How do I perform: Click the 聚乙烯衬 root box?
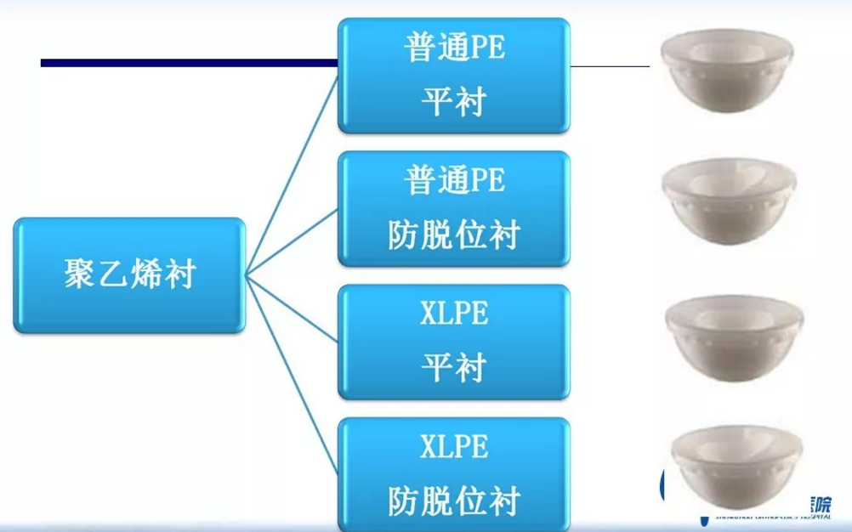[129, 274]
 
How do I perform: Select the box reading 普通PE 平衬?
[454, 76]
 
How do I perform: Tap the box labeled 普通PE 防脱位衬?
[454, 208]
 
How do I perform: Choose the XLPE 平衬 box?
[454, 342]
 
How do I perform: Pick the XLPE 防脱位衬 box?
[454, 473]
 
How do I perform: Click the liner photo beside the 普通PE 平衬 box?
[729, 75]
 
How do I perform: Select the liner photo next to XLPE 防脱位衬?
[729, 466]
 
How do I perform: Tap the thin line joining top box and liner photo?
[610, 65]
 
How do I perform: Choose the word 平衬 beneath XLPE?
[454, 367]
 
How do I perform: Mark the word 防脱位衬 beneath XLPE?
[454, 500]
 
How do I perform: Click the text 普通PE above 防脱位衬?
[454, 180]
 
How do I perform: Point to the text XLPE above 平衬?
[454, 314]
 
